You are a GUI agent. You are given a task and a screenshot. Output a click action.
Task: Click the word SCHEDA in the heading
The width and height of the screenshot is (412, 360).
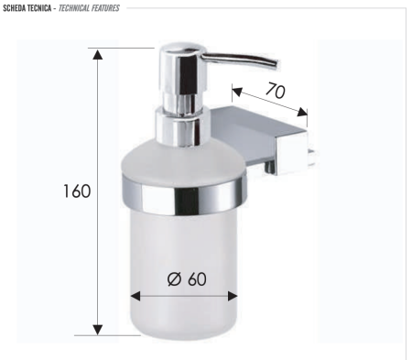click(17, 7)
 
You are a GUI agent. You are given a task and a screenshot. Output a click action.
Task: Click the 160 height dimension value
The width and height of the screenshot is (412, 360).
click(77, 191)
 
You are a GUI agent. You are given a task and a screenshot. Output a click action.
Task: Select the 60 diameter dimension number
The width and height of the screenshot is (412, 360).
click(196, 280)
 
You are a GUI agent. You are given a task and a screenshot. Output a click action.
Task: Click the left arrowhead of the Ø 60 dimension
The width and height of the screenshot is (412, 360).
click(136, 296)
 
